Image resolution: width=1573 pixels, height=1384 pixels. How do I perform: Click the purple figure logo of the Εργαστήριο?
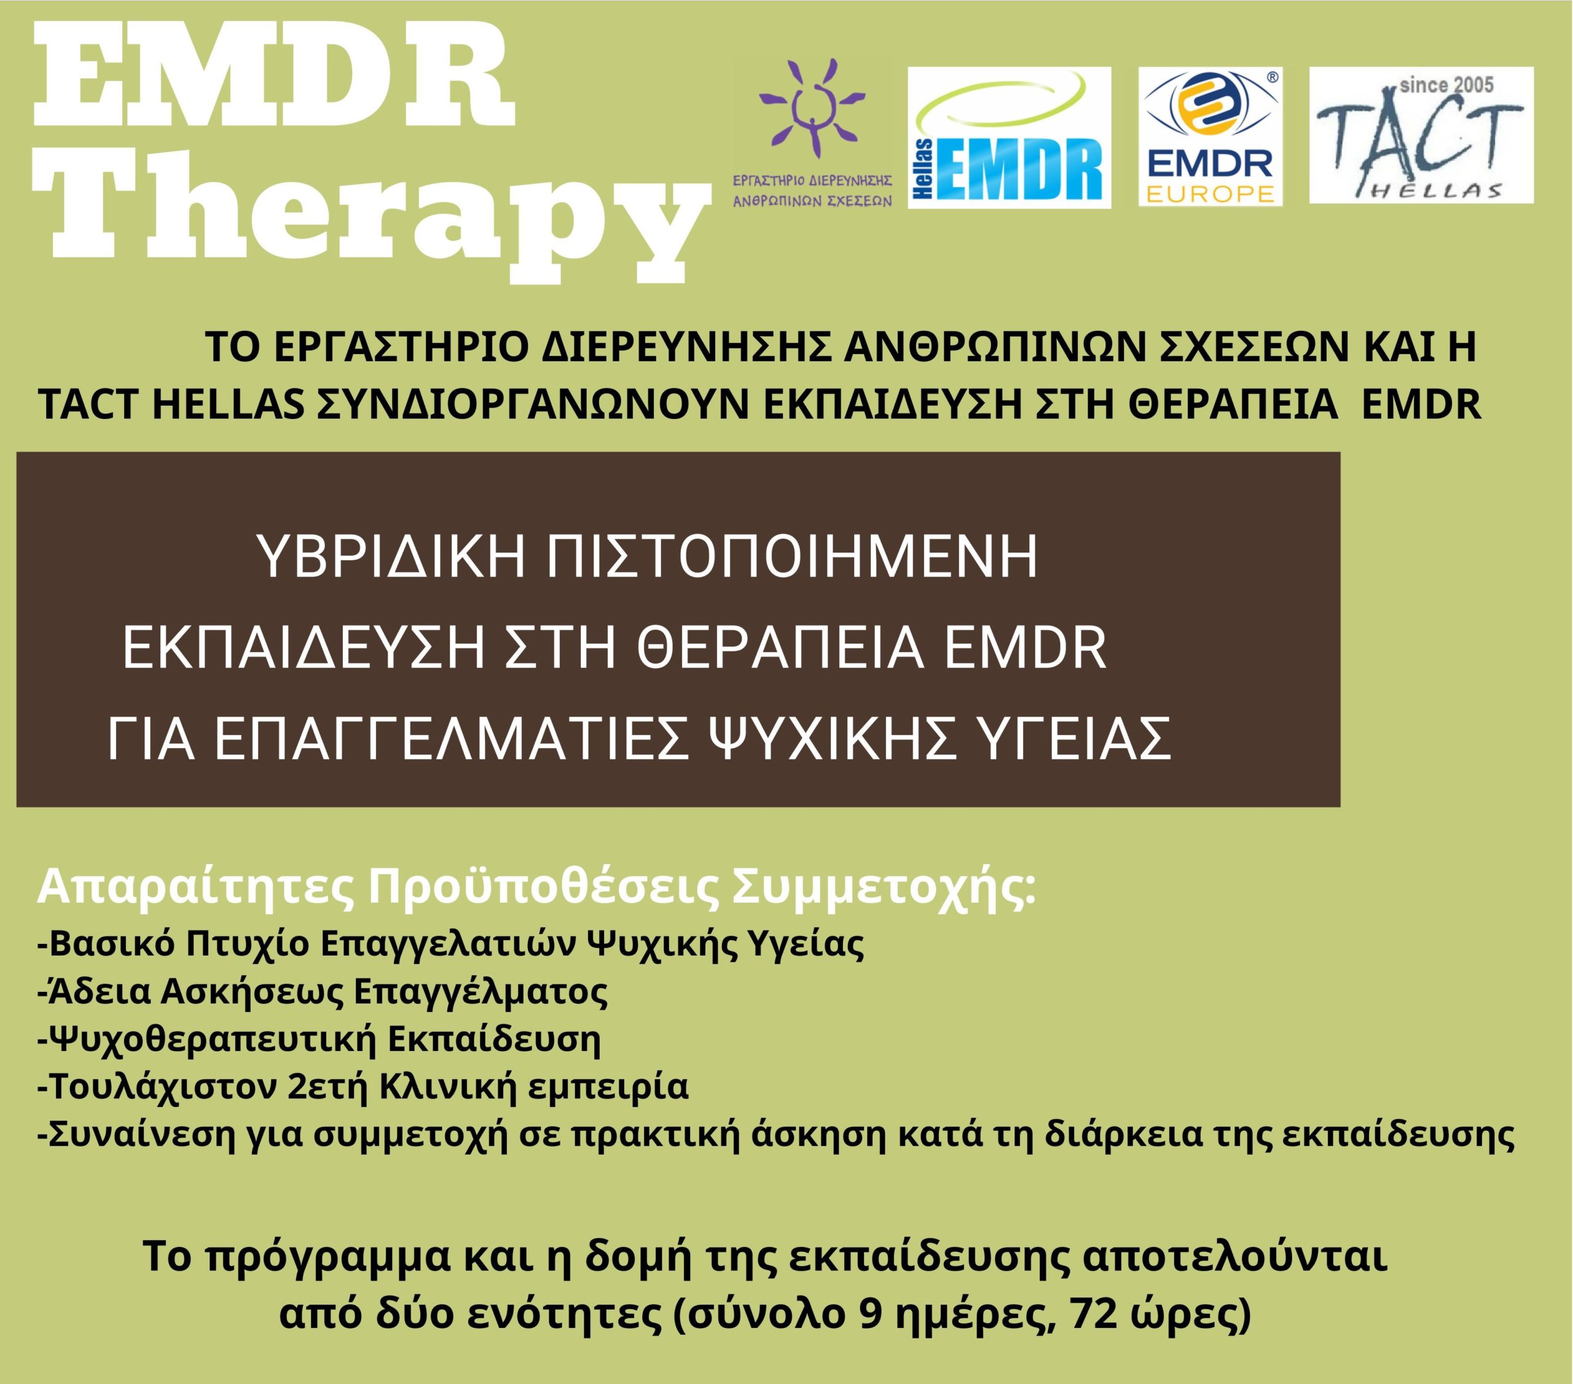pos(812,108)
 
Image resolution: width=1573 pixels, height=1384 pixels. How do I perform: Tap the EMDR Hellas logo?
pos(1010,138)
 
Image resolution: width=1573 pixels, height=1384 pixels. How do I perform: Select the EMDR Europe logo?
pos(1210,138)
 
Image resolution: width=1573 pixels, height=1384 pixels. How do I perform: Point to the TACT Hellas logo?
pos(1421,135)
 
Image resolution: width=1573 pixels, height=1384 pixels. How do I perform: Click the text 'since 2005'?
pos(1447,85)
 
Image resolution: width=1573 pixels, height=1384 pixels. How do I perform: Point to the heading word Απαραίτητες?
pos(195,889)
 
